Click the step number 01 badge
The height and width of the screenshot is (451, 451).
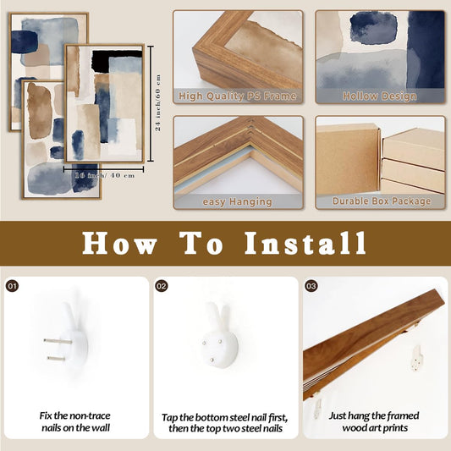(x=12, y=286)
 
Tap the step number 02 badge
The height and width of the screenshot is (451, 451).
(x=162, y=286)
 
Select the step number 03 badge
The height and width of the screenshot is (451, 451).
(x=311, y=286)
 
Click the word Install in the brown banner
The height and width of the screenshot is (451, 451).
(x=305, y=244)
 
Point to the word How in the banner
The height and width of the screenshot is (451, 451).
(x=119, y=244)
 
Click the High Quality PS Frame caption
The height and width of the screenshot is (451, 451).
(x=237, y=96)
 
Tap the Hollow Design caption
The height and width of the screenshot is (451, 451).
(x=380, y=96)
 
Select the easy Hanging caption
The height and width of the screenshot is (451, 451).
(x=237, y=201)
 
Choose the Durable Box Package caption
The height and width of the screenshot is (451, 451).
(x=382, y=201)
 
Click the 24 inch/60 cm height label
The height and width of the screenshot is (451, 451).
(x=158, y=102)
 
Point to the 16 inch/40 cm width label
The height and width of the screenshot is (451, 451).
(x=105, y=175)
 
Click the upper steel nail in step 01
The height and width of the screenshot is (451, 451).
(x=58, y=341)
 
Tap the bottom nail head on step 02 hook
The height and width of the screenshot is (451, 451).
(x=212, y=360)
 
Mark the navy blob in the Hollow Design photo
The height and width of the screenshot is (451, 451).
(x=373, y=28)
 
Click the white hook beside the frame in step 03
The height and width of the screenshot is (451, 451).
(x=417, y=358)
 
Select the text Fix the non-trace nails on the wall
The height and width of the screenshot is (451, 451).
(x=75, y=421)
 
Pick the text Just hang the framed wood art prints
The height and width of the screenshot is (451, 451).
(x=374, y=421)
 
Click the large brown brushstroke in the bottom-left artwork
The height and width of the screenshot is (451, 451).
(x=39, y=111)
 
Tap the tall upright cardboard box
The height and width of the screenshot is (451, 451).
(x=348, y=160)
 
